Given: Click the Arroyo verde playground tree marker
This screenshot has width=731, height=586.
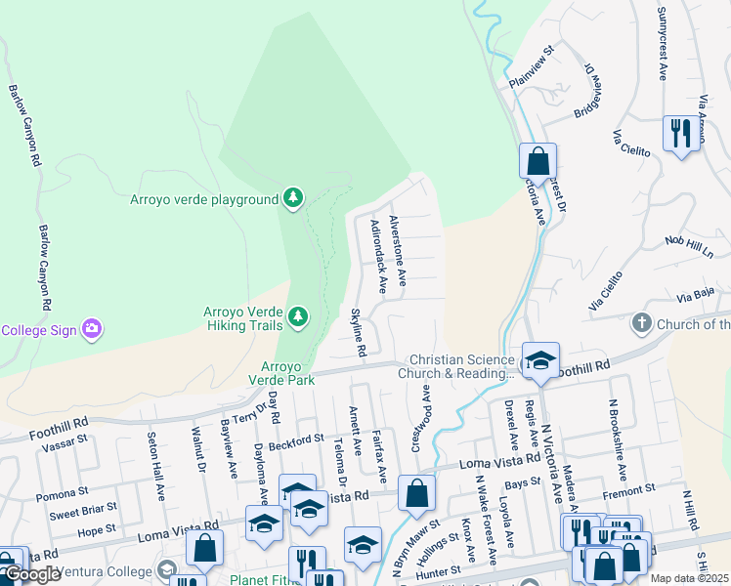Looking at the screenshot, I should (x=292, y=199).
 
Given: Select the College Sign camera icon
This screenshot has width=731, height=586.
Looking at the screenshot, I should (x=93, y=328).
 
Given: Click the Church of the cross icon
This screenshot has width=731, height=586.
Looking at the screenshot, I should (x=642, y=323).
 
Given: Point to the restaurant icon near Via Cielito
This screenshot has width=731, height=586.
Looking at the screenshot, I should (x=680, y=133).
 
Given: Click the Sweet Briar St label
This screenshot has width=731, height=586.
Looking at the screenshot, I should (x=83, y=512).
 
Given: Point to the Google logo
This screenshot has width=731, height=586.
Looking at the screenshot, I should (x=32, y=573).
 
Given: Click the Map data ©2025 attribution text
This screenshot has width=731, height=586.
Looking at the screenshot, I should (x=689, y=578).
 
